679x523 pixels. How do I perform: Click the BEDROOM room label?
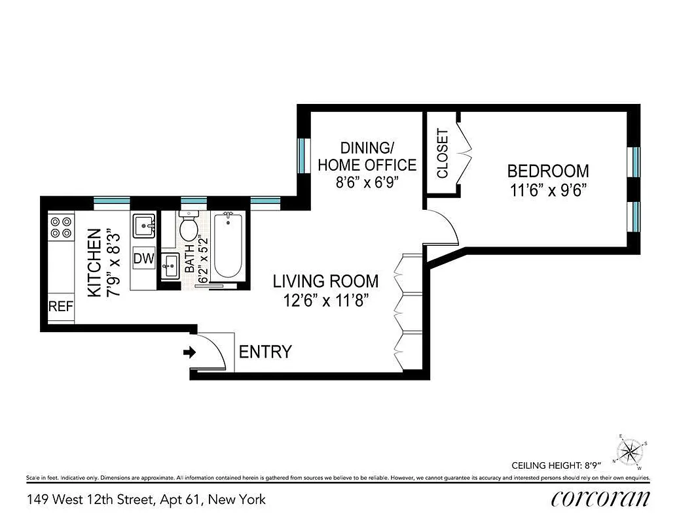pos(548,171)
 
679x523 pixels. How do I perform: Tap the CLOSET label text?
pos(443,154)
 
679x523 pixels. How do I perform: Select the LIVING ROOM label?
pos(325,282)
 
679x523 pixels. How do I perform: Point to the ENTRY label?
pos(265,352)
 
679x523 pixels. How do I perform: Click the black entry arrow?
pos(189,352)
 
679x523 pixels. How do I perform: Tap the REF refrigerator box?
pos(61,307)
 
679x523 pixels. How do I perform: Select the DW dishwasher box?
pos(143,259)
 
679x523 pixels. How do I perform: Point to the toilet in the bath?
pos(189,227)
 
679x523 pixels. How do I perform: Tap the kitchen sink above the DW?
pos(143,227)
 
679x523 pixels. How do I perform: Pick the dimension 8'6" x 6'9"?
pos(367,183)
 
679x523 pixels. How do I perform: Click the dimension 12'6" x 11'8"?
pos(325,301)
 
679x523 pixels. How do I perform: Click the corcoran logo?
pos(601,499)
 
